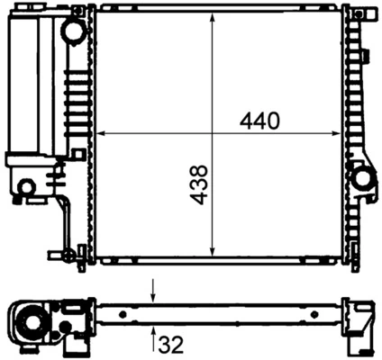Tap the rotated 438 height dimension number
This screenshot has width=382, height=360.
pyautogui.click(x=199, y=184)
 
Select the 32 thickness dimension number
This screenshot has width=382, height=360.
pyautogui.click(x=171, y=343)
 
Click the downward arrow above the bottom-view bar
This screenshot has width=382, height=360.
pyautogui.click(x=153, y=293)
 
